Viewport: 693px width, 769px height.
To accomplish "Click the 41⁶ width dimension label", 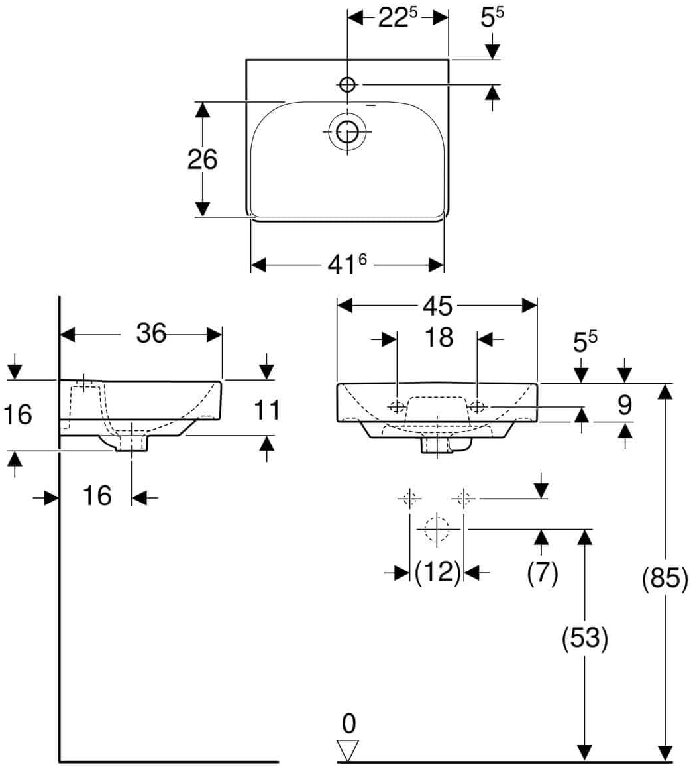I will click(347, 265).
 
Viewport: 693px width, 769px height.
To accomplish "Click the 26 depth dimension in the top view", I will click(202, 160).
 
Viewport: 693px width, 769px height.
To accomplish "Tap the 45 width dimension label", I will click(437, 306).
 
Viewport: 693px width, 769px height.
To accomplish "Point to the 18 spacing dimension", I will click(438, 338).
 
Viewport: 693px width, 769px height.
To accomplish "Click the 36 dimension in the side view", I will click(151, 333).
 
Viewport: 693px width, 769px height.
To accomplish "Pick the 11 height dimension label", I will click(267, 410).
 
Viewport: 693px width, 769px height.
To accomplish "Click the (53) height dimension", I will click(584, 638).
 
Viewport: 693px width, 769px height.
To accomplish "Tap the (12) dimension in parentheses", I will click(437, 571).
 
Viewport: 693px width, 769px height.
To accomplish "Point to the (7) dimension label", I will click(542, 572).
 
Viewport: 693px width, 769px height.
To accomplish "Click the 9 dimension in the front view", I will click(623, 405).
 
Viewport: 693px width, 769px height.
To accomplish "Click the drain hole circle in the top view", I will click(346, 132).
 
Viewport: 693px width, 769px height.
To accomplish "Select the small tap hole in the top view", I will click(347, 84).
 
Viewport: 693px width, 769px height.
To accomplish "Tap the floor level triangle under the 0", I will click(348, 750).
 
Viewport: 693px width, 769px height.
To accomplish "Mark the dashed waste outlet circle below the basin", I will click(436, 529).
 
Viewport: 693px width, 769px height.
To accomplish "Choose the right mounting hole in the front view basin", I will click(478, 406).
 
